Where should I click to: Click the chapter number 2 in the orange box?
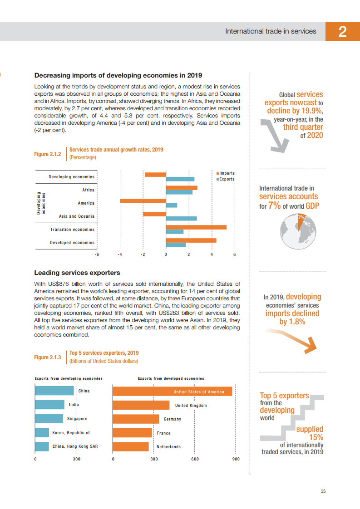coord(342,31)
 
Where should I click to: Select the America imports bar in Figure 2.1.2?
coord(143,201)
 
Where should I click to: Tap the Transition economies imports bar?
coord(196,227)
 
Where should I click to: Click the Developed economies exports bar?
coord(176,245)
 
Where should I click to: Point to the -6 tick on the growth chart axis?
coord(97,254)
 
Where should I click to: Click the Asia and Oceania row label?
coord(77,216)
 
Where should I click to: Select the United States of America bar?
coord(172,391)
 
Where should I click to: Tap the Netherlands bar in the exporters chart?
coord(130,446)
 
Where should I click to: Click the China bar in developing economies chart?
coord(54,391)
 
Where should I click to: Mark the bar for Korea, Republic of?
coord(42,433)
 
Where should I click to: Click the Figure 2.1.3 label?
coord(48,357)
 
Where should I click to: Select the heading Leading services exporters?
coord(77,273)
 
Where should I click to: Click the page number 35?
coord(323,491)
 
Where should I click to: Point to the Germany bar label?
coord(172,419)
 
